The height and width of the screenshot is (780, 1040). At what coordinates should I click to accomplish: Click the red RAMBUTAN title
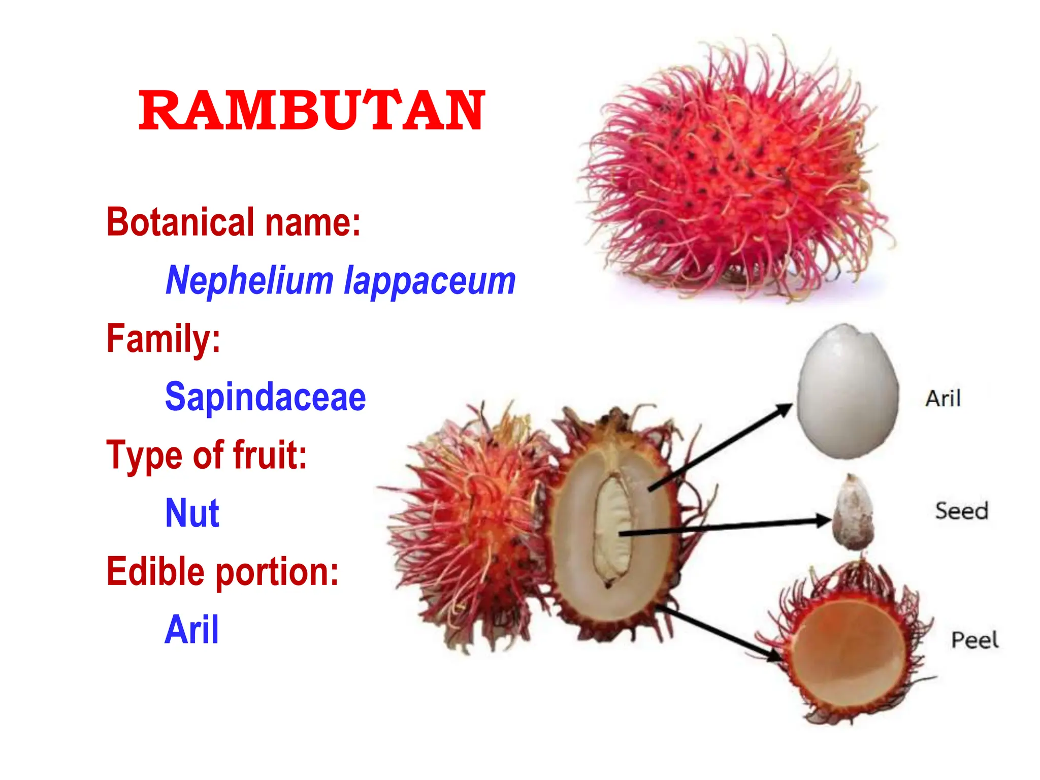coord(311,110)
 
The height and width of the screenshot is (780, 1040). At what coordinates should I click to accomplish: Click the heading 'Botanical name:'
coord(233,222)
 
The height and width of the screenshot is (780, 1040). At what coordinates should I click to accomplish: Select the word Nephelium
coord(249,280)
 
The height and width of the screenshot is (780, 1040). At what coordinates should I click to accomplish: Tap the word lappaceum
coord(430,280)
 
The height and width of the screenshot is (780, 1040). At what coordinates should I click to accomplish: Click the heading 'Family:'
coord(163,339)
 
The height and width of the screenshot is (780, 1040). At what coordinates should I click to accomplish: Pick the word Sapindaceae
coord(265,397)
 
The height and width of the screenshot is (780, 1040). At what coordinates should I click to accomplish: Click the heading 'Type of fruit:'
coord(207,455)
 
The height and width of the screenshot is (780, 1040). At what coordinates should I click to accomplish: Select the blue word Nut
coord(192,513)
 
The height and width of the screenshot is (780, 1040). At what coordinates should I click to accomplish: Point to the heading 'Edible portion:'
coord(222,571)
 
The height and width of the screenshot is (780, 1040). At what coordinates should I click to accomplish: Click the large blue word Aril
coord(192,630)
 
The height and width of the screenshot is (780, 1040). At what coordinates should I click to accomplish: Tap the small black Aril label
coord(943,399)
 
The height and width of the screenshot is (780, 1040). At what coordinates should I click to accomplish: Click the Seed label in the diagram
coord(962,511)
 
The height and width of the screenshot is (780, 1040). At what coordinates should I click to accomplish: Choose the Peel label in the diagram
coord(974,640)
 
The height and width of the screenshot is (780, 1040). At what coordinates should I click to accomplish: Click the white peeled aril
coord(847,391)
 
